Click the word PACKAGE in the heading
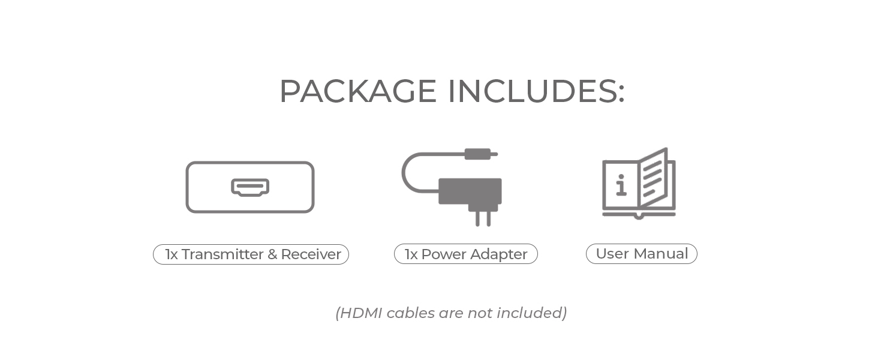click(x=357, y=91)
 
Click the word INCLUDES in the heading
click(x=536, y=91)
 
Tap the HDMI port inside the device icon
click(x=250, y=187)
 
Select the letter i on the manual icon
click(x=621, y=185)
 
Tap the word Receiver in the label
click(x=311, y=254)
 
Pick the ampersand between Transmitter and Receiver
click(x=272, y=254)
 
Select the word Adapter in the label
click(x=499, y=254)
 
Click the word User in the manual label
click(x=612, y=254)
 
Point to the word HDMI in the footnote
click(x=362, y=313)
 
